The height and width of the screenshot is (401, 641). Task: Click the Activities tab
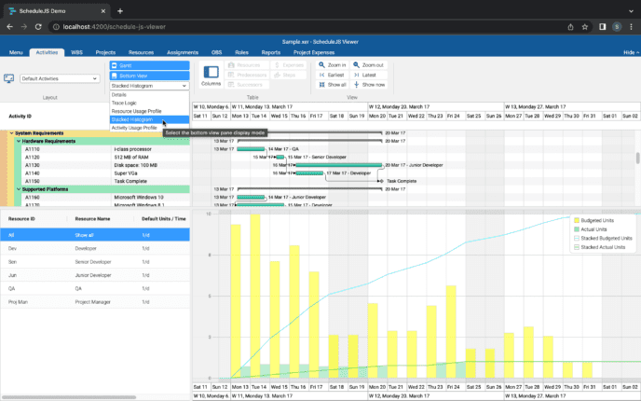(x=46, y=53)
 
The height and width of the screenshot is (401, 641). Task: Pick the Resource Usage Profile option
(x=135, y=111)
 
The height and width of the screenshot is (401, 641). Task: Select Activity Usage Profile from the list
(x=134, y=128)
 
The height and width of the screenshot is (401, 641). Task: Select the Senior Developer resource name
(x=97, y=262)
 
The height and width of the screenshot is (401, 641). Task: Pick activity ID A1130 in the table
(x=32, y=165)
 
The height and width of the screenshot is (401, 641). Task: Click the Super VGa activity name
(x=127, y=173)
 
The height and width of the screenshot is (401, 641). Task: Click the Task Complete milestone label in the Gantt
(x=402, y=181)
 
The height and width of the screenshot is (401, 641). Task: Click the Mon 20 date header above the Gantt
(x=376, y=116)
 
